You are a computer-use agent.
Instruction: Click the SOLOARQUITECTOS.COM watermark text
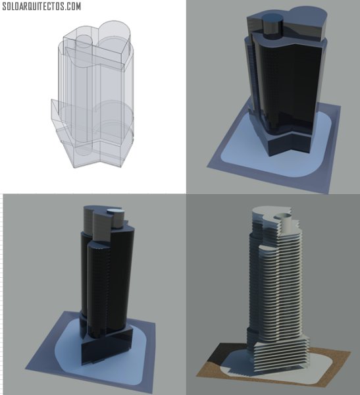41,7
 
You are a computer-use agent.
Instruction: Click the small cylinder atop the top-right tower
273,26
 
